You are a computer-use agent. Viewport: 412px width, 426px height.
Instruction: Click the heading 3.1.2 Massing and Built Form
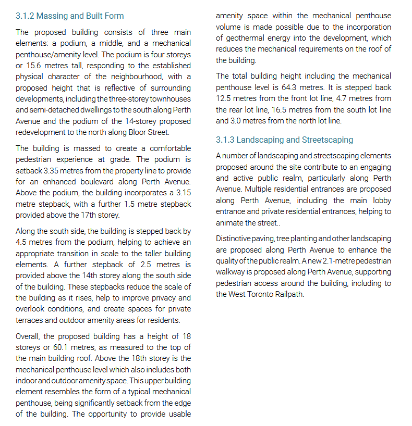[70, 16]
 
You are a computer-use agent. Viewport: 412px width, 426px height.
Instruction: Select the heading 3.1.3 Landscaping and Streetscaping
[284, 140]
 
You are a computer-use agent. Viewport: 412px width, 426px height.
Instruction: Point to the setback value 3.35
[53, 170]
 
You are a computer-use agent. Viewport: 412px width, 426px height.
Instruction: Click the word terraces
[30, 320]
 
